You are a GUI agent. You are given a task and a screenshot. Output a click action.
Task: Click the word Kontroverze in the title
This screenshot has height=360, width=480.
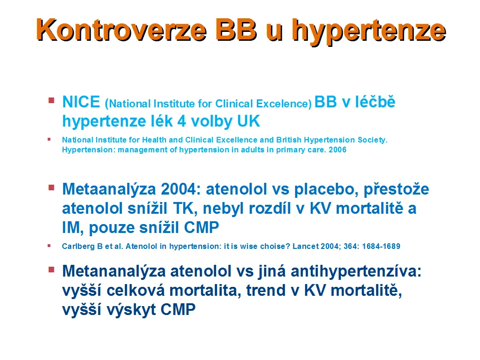click(x=121, y=30)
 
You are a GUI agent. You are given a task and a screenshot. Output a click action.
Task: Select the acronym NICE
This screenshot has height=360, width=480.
click(x=81, y=102)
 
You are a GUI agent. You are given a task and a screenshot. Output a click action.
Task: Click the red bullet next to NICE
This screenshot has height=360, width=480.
click(x=52, y=100)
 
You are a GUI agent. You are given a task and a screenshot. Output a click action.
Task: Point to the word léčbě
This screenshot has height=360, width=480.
click(x=375, y=102)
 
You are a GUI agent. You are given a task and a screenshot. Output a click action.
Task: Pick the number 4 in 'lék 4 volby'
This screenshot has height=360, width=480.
click(x=181, y=121)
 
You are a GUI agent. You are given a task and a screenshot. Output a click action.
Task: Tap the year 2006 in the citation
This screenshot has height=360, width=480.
click(x=337, y=150)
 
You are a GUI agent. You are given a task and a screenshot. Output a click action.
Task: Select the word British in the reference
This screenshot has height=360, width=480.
click(x=289, y=140)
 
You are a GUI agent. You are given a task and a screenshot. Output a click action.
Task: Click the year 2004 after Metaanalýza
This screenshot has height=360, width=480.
click(x=180, y=189)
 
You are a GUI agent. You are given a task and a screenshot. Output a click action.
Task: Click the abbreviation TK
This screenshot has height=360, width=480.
click(x=183, y=209)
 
